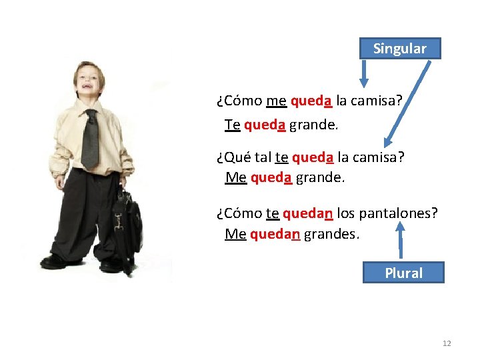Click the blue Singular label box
tap(400, 49)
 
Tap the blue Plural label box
tap(403, 273)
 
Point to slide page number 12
tap(447, 343)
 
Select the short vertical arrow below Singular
tap(363, 73)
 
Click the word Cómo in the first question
tap(239, 101)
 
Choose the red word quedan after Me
tap(275, 234)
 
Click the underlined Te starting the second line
tap(232, 125)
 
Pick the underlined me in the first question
tap(276, 101)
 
